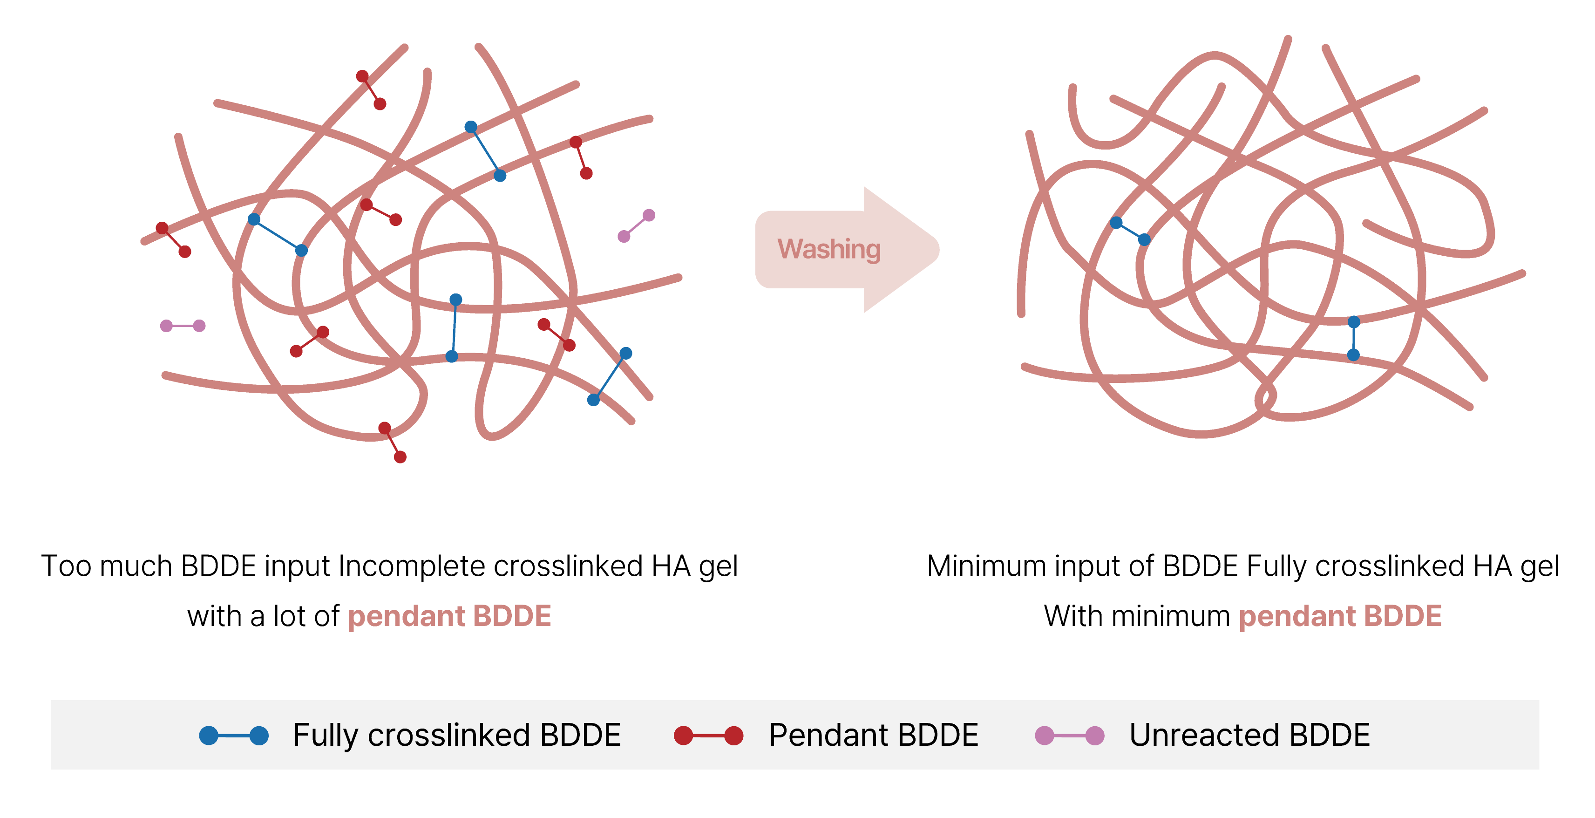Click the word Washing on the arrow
click(828, 249)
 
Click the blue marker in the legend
click(233, 735)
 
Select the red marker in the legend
click(708, 735)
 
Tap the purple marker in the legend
click(1069, 735)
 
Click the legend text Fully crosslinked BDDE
click(456, 735)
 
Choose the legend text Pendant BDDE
click(873, 735)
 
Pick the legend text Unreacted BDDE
click(1249, 735)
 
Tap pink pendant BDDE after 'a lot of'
click(449, 616)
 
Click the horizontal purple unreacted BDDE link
click(183, 326)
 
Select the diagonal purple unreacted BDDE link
click(637, 225)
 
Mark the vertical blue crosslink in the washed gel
click(1353, 338)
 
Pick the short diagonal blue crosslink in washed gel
click(1130, 231)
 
